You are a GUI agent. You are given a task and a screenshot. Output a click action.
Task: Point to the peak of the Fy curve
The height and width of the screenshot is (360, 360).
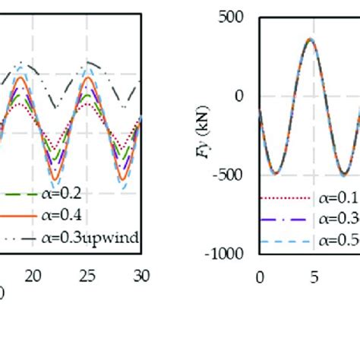tap(309, 39)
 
